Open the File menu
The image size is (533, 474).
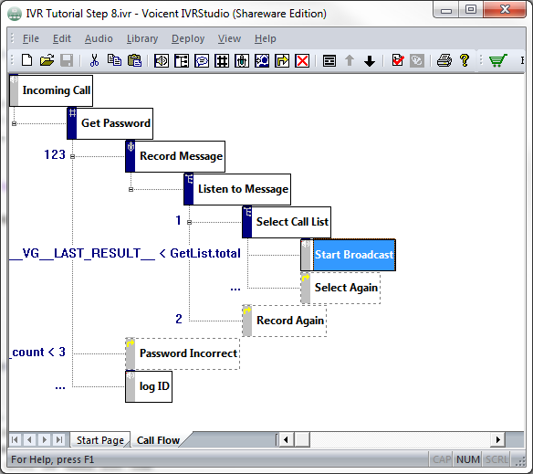click(x=31, y=38)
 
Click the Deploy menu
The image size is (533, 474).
click(x=188, y=38)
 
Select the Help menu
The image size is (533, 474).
click(x=266, y=38)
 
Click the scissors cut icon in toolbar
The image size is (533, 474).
click(x=94, y=61)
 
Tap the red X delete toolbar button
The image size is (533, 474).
click(x=302, y=61)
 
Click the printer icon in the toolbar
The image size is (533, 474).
click(x=444, y=61)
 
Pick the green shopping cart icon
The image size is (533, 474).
click(x=497, y=61)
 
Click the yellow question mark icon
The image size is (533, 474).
click(x=465, y=61)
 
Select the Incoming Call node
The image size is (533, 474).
click(x=51, y=90)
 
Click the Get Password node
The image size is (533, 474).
click(x=110, y=123)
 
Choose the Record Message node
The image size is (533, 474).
click(x=175, y=156)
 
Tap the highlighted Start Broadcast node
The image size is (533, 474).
click(x=348, y=255)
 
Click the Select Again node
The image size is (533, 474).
click(x=340, y=288)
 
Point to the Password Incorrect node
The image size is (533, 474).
click(x=183, y=353)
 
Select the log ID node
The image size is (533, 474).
click(x=149, y=386)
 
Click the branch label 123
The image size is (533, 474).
click(x=55, y=155)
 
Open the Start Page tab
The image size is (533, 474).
click(x=100, y=440)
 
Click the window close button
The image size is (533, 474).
click(x=505, y=9)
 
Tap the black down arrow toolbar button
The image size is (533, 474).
click(x=370, y=61)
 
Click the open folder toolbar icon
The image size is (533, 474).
click(x=47, y=61)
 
